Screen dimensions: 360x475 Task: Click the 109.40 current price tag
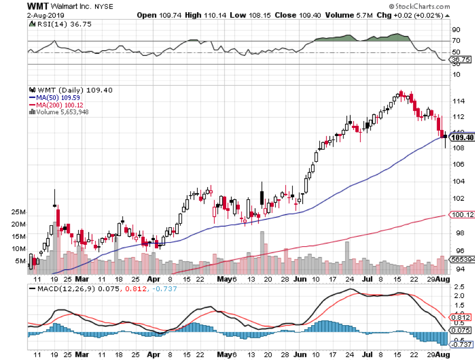(x=460, y=137)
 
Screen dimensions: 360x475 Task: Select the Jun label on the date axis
(x=300, y=279)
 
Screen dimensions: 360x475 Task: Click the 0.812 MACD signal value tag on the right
(x=458, y=317)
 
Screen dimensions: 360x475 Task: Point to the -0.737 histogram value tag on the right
(x=458, y=344)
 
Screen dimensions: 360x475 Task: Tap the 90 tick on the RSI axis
(x=454, y=30)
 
